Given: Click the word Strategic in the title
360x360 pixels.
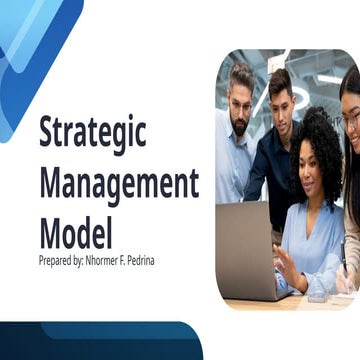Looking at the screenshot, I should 92,133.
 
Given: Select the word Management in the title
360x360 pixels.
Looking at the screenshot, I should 118,184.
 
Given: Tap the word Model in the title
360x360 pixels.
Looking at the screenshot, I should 75,231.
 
